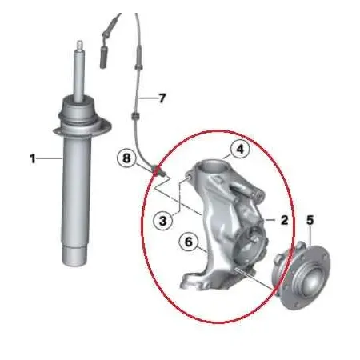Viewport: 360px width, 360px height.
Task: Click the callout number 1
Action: coord(33,159)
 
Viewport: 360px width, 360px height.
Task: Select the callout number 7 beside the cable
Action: coord(162,98)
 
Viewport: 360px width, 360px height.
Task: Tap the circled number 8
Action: coord(126,158)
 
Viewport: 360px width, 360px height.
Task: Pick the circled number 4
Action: coord(240,149)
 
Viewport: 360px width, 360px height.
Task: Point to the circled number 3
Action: coord(162,221)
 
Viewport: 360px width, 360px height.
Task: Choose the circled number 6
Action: coord(189,242)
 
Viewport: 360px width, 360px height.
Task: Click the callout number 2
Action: coord(285,220)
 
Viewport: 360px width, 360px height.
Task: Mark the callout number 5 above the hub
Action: coord(310,220)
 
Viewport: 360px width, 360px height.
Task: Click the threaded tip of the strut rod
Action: coord(80,45)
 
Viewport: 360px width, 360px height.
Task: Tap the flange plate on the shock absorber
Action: coord(82,130)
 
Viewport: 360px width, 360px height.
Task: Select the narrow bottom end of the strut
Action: coord(74,255)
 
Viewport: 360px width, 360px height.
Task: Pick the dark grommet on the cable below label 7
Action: coord(136,116)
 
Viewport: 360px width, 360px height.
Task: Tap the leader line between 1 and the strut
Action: coord(49,158)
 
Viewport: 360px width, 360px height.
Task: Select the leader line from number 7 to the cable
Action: coord(148,98)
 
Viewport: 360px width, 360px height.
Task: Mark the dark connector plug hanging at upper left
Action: coord(103,58)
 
